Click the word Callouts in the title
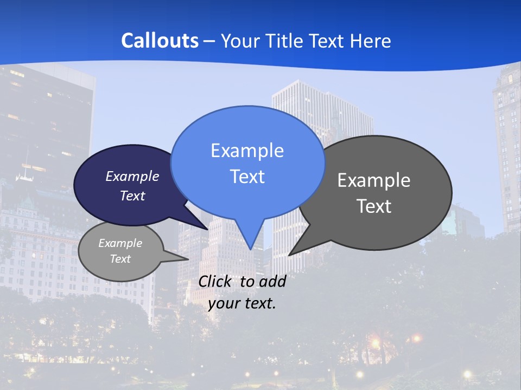click(160, 41)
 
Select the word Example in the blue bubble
click(247, 151)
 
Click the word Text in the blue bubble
click(247, 177)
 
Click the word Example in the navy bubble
click(132, 176)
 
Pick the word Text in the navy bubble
click(132, 196)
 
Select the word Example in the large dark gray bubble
click(374, 180)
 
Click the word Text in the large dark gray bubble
click(374, 206)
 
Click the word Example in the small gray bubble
click(120, 243)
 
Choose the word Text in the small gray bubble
click(120, 259)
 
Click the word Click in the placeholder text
click(216, 281)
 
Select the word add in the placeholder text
click(272, 281)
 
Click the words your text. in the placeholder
click(242, 303)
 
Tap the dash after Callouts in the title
click(209, 41)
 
